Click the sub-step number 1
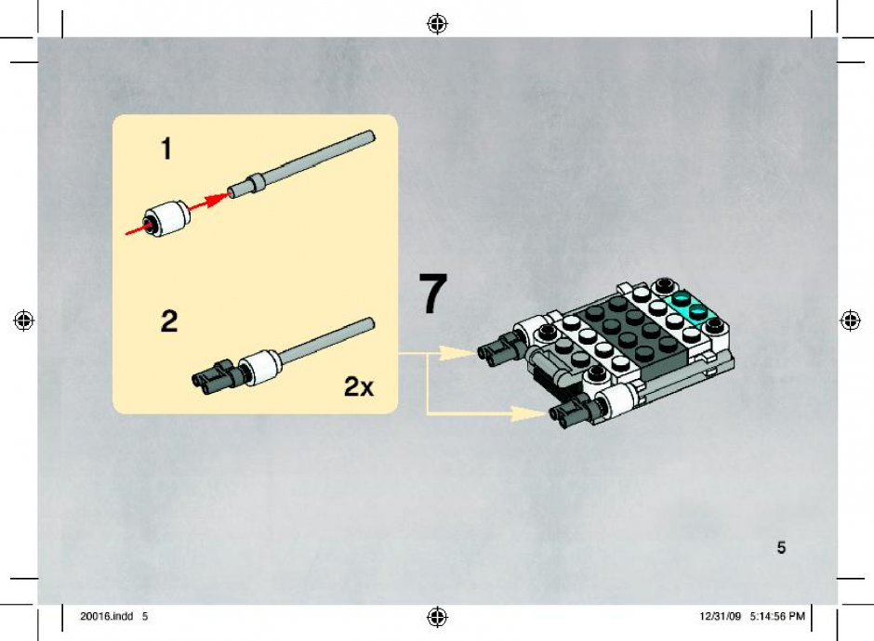[166, 149]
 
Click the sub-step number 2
[169, 321]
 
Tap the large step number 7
[433, 293]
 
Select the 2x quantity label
[359, 386]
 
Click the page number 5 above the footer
[781, 547]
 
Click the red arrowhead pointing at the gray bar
[218, 200]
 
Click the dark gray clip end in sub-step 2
[215, 374]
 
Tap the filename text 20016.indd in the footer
[107, 616]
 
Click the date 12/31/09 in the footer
[721, 616]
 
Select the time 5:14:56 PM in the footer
[777, 616]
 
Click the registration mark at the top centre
[438, 24]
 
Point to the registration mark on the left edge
[24, 320]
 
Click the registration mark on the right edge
[850, 320]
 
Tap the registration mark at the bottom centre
[438, 617]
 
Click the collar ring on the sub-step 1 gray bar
[256, 183]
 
